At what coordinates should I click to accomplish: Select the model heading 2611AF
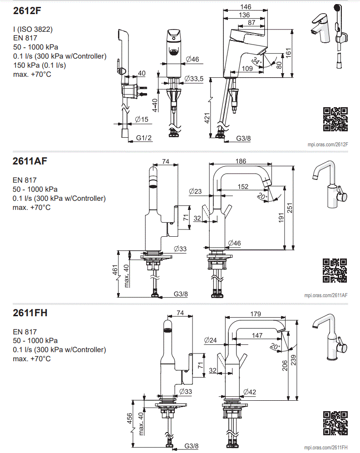click(30, 161)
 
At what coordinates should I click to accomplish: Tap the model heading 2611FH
click(30, 313)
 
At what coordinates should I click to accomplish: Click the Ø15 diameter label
click(142, 119)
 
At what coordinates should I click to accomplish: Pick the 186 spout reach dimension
click(242, 161)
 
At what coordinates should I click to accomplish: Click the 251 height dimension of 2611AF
click(297, 208)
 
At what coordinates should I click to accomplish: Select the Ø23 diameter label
click(195, 191)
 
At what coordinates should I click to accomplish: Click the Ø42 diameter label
click(250, 392)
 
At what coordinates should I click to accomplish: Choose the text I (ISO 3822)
click(33, 30)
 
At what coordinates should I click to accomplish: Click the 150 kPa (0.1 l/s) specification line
click(40, 65)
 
